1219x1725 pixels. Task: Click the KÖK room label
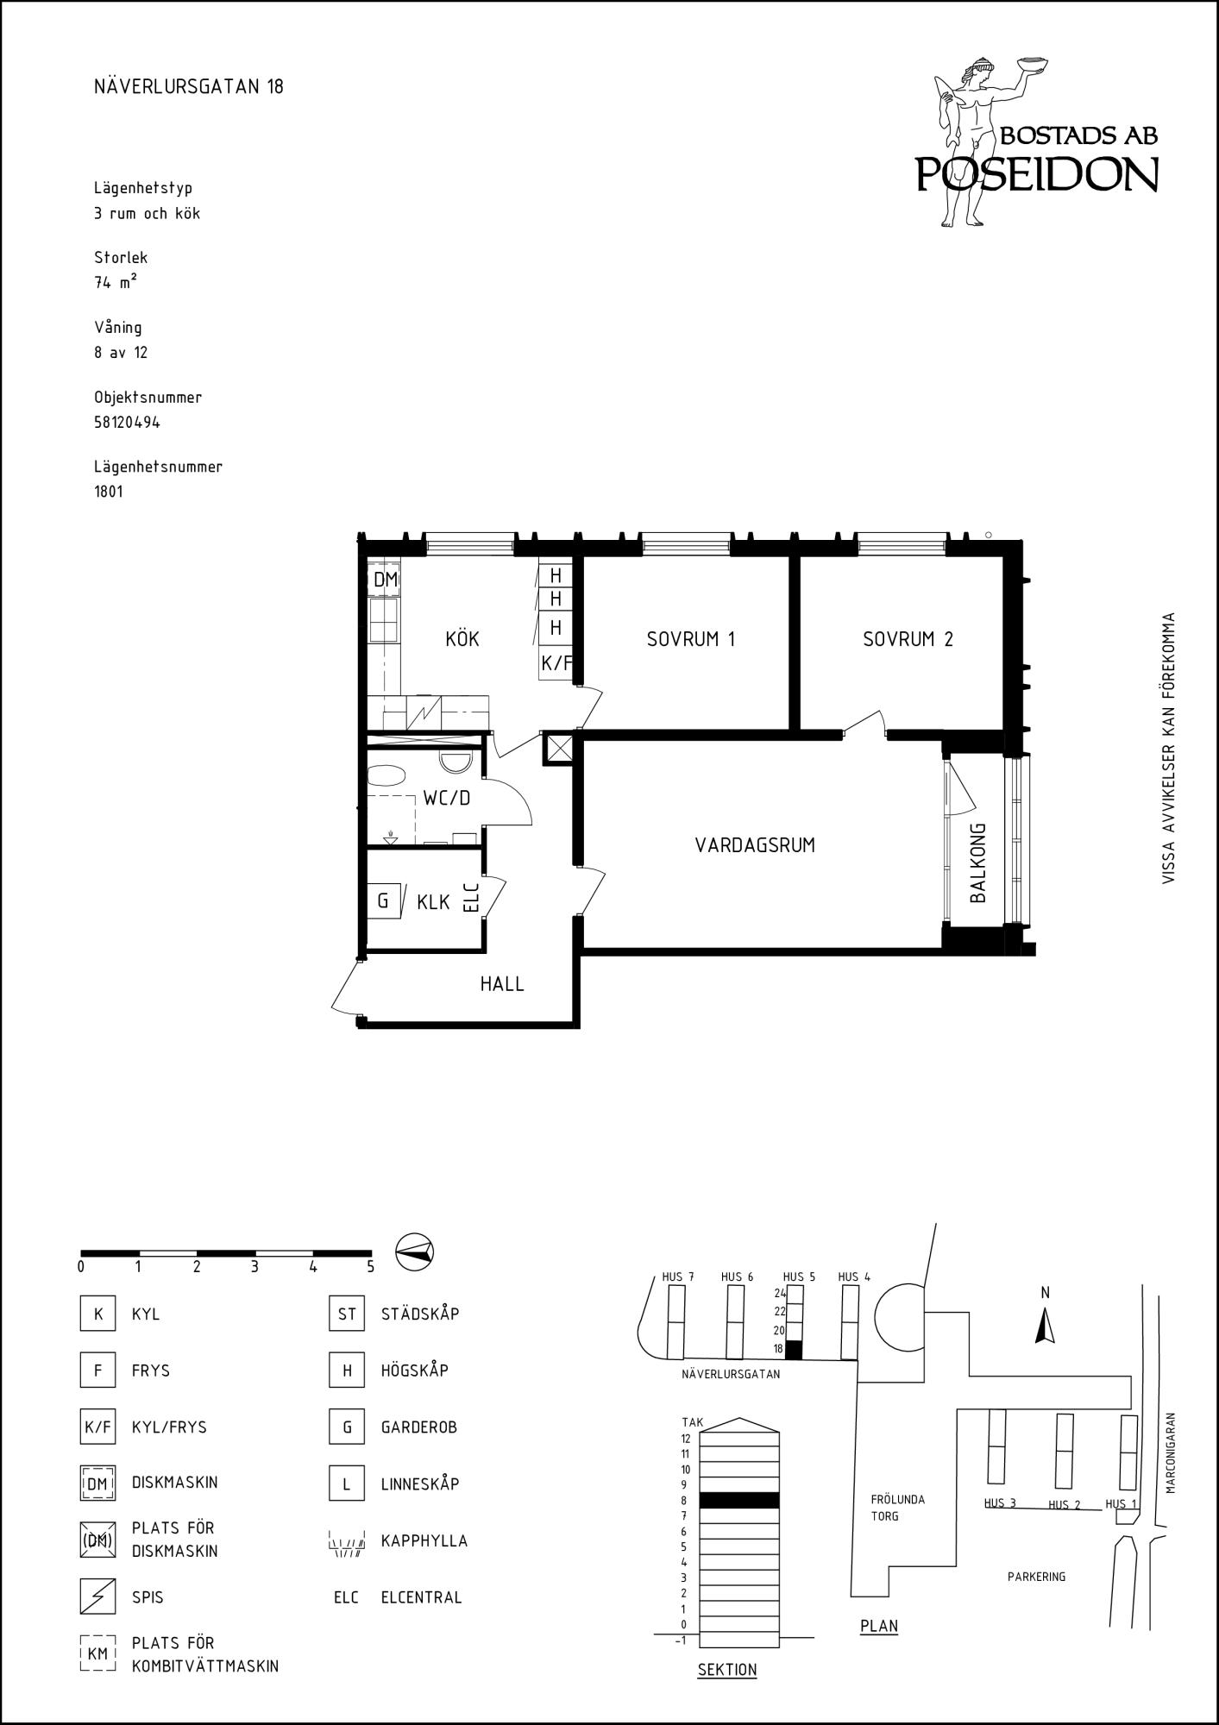point(462,639)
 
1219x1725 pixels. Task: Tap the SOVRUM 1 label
point(691,639)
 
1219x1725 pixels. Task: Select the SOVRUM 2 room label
point(908,639)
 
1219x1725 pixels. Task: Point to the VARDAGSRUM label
point(755,845)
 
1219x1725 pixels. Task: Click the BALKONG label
point(977,863)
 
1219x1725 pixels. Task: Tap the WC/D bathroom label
point(447,798)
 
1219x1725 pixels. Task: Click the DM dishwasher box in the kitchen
point(385,580)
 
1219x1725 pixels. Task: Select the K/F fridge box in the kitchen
point(556,662)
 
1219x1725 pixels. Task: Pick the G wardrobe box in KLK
point(383,901)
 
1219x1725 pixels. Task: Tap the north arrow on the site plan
point(1046,1325)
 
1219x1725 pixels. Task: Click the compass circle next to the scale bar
point(415,1251)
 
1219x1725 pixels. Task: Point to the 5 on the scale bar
point(370,1267)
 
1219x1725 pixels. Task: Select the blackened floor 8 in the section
point(739,1501)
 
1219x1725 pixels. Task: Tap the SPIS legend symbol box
point(97,1596)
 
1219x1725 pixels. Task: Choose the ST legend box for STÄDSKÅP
point(347,1314)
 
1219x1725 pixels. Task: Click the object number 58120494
point(127,423)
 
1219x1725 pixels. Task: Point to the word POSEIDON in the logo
point(1037,173)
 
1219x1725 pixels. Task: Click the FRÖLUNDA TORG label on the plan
point(897,1508)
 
